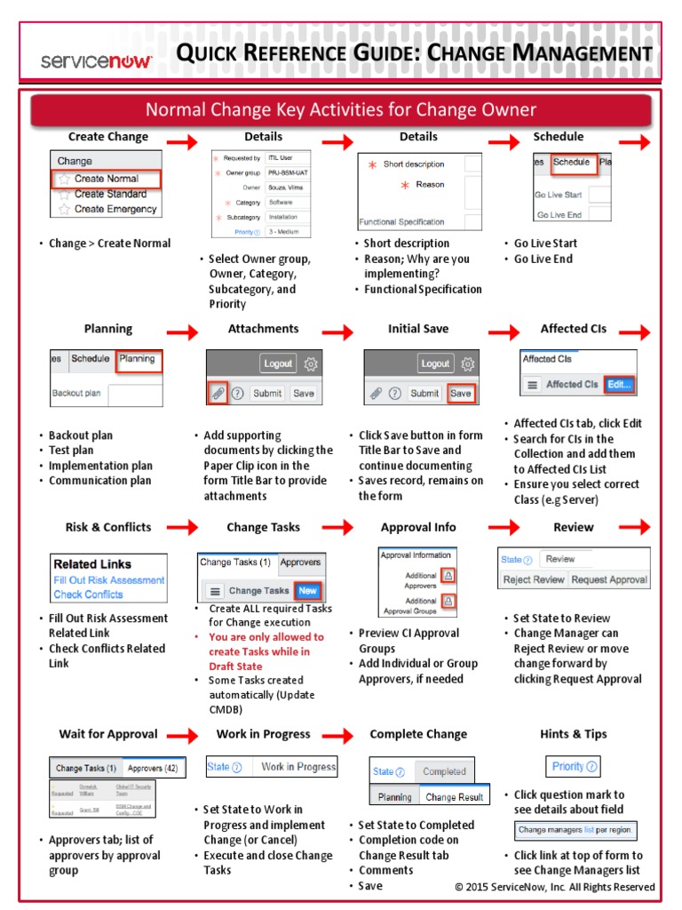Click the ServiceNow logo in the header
pos(97,60)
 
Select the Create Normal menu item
pos(107,179)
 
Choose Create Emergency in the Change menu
pos(115,209)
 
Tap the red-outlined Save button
pos(460,393)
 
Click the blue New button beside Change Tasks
pos(307,590)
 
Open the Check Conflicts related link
pos(88,595)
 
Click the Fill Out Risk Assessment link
pos(108,580)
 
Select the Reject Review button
pos(533,579)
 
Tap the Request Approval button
pos(608,579)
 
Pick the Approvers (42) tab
pos(153,768)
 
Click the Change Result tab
pos(454,797)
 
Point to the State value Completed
pos(444,771)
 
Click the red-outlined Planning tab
pos(137,359)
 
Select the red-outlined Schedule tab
pos(571,163)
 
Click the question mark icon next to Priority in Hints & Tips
pos(591,766)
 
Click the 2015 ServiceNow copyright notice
pos(554,887)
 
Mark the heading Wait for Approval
pos(107,734)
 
